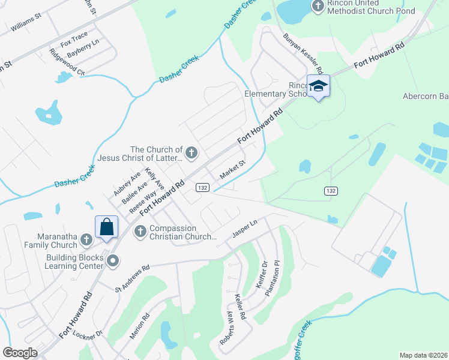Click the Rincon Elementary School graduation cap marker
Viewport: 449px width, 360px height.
point(319,86)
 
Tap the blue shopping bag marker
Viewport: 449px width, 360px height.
point(106,227)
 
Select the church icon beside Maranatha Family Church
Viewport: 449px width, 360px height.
point(86,240)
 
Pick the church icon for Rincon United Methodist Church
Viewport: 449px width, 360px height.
point(318,7)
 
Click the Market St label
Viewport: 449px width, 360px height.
point(233,169)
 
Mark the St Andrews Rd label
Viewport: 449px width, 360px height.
point(131,279)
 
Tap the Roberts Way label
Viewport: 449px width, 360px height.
point(226,328)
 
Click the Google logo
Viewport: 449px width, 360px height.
point(20,353)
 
